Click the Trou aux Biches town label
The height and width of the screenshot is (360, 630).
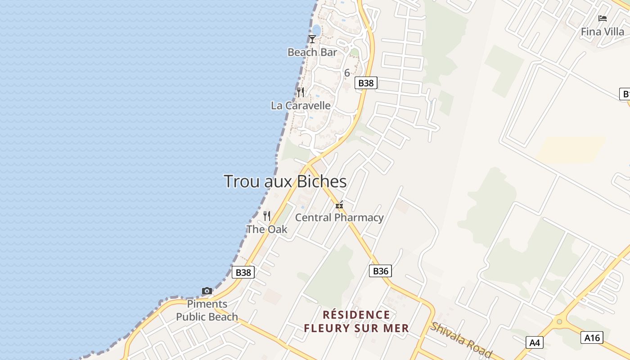click(285, 181)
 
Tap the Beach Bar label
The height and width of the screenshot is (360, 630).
click(312, 52)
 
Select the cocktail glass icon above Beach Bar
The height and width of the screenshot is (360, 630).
click(312, 39)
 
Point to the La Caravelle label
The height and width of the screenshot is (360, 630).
click(301, 105)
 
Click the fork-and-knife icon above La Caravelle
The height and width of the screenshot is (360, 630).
click(301, 92)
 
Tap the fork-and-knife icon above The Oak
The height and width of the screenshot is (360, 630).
click(267, 216)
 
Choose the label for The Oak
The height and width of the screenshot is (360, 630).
click(267, 229)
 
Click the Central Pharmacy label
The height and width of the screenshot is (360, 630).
click(339, 218)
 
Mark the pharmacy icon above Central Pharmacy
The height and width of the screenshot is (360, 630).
click(339, 205)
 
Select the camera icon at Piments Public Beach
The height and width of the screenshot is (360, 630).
click(207, 291)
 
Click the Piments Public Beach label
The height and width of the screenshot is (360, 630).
click(207, 310)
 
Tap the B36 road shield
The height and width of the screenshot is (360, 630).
click(380, 271)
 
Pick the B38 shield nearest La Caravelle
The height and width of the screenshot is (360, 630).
click(365, 83)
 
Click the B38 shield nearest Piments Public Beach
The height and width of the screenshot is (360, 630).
click(243, 272)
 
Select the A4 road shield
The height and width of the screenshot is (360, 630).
click(535, 342)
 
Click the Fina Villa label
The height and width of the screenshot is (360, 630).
click(603, 31)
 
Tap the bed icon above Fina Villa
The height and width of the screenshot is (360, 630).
click(603, 18)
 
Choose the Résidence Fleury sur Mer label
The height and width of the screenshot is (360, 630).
click(356, 321)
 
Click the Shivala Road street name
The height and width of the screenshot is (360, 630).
click(461, 340)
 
